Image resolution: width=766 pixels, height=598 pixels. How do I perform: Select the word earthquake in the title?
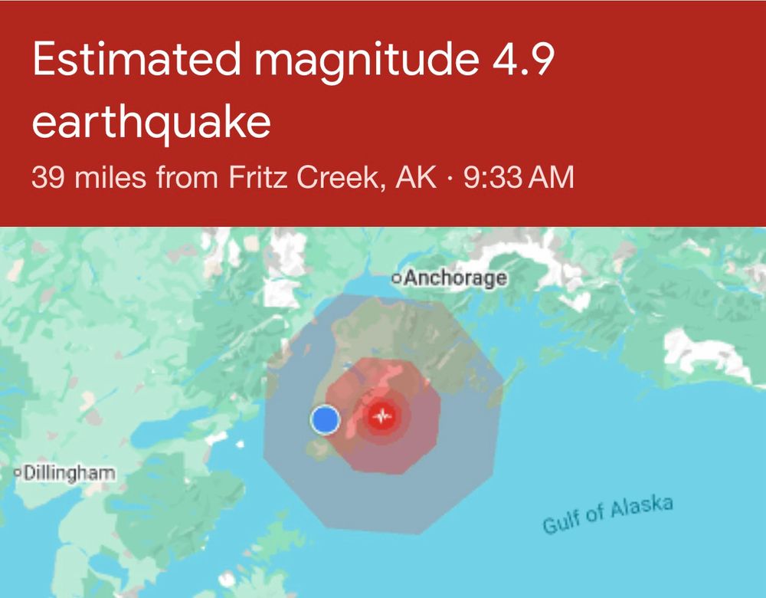pyautogui.click(x=152, y=123)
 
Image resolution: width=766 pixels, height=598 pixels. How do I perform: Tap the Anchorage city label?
pyautogui.click(x=455, y=278)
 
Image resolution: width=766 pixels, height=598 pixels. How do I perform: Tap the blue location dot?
pyautogui.click(x=325, y=419)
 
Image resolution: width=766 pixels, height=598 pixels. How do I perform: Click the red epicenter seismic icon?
pyautogui.click(x=381, y=417)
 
